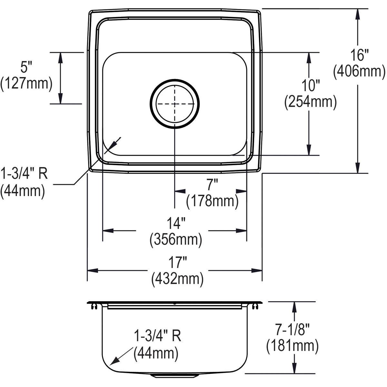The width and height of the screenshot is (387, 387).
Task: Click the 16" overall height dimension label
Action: pos(359,55)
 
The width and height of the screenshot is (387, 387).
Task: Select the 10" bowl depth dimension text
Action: pos(310,86)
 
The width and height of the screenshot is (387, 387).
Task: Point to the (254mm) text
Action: pos(310,102)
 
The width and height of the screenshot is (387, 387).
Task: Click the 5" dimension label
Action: pos(26,67)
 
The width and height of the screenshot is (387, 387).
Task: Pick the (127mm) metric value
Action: pos(26,84)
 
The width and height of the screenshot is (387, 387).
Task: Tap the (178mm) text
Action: pos(212,201)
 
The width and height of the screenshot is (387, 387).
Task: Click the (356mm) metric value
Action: pos(176,240)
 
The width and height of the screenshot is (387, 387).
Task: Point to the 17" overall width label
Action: pos(176,263)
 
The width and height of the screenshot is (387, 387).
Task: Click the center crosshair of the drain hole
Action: pos(175,104)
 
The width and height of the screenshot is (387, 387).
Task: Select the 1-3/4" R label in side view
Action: pos(157,336)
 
